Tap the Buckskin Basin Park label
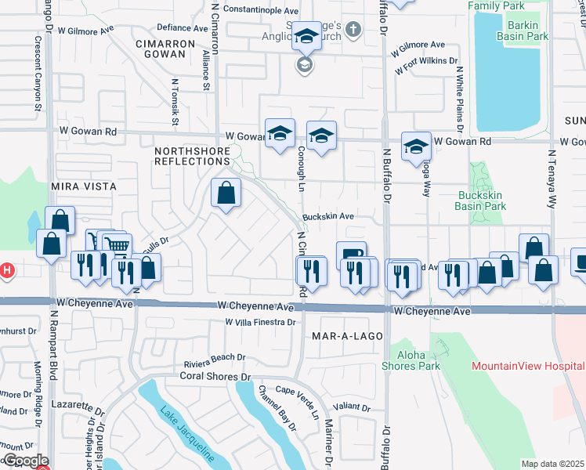tap(480, 201)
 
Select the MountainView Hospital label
tap(528, 366)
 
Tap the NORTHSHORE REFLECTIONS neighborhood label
tap(192, 155)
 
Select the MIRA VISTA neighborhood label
tap(83, 186)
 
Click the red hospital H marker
tap(5, 271)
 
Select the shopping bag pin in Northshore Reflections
tap(226, 192)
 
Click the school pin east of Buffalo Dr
tap(416, 146)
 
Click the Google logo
tap(25, 461)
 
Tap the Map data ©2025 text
tap(552, 464)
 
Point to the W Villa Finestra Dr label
tap(260, 322)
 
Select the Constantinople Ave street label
tap(261, 11)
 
